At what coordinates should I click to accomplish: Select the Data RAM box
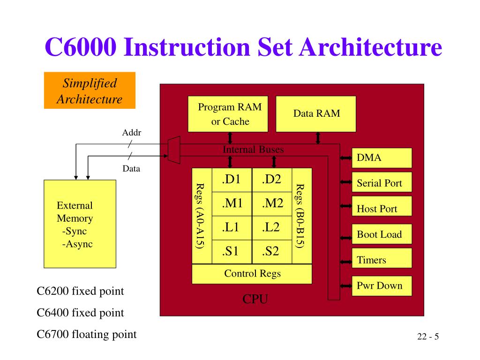[x=316, y=114]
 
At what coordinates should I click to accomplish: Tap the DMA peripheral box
[x=382, y=158]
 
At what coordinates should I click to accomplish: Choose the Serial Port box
[x=382, y=183]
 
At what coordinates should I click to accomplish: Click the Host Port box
[x=382, y=209]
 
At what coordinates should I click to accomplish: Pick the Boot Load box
[x=382, y=234]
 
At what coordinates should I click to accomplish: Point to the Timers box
[x=382, y=260]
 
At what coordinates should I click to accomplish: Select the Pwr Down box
[x=382, y=285]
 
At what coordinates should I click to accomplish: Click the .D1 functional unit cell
[x=232, y=180]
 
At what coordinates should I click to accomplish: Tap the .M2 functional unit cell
[x=272, y=203]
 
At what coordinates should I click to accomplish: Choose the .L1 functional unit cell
[x=232, y=228]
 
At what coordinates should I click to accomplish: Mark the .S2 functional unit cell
[x=272, y=252]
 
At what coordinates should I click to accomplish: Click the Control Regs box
[x=252, y=274]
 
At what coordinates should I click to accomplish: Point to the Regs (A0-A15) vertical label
[x=200, y=216]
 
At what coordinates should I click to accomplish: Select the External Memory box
[x=80, y=224]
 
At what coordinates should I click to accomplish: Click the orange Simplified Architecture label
[x=90, y=91]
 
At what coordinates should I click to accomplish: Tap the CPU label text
[x=255, y=300]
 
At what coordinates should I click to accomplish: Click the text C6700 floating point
[x=87, y=334]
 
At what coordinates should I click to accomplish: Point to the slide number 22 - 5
[x=427, y=337]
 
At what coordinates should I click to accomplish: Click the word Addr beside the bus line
[x=132, y=133]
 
